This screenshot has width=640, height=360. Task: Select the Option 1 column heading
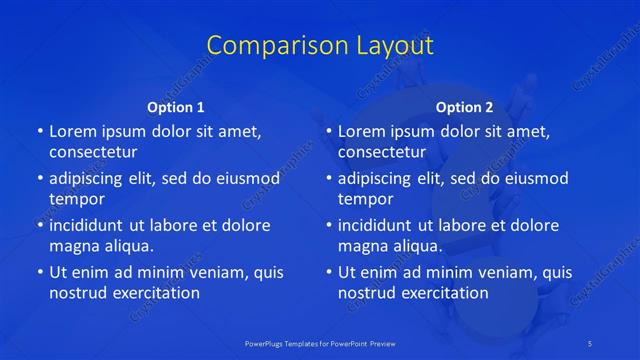[176, 107]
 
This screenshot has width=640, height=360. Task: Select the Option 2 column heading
[464, 107]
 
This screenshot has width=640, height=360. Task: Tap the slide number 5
[591, 343]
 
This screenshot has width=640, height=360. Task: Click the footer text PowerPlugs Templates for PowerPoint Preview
[320, 343]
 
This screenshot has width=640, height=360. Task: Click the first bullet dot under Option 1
[39, 132]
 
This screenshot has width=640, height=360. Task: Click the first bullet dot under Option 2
[328, 132]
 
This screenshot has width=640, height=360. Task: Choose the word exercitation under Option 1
[153, 293]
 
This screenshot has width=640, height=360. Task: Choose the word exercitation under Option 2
[442, 293]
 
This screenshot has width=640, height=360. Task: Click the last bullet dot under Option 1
[39, 272]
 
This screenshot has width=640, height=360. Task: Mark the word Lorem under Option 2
[361, 131]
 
